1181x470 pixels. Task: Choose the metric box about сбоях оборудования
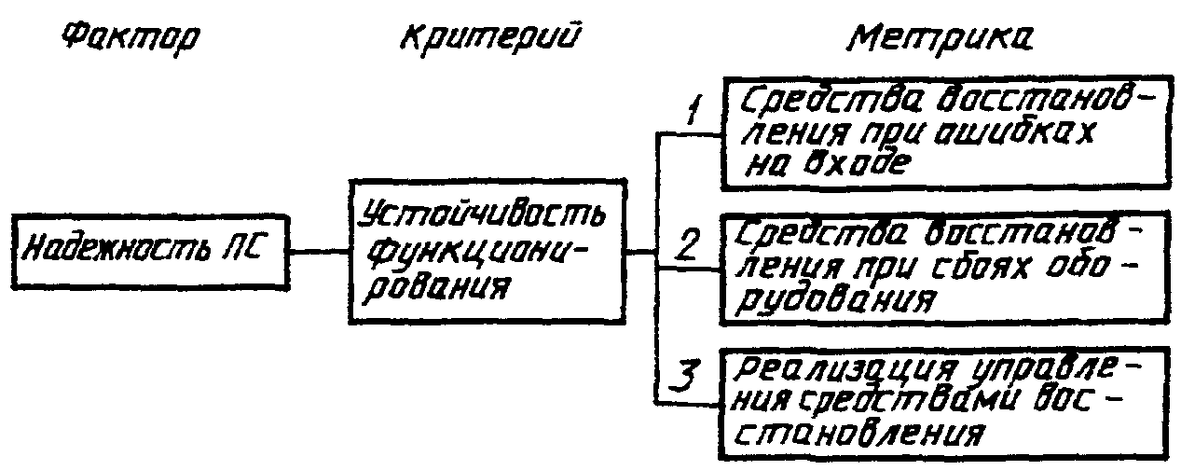pos(943,268)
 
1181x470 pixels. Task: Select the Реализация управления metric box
pos(943,402)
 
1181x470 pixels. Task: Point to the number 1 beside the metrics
pos(692,115)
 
